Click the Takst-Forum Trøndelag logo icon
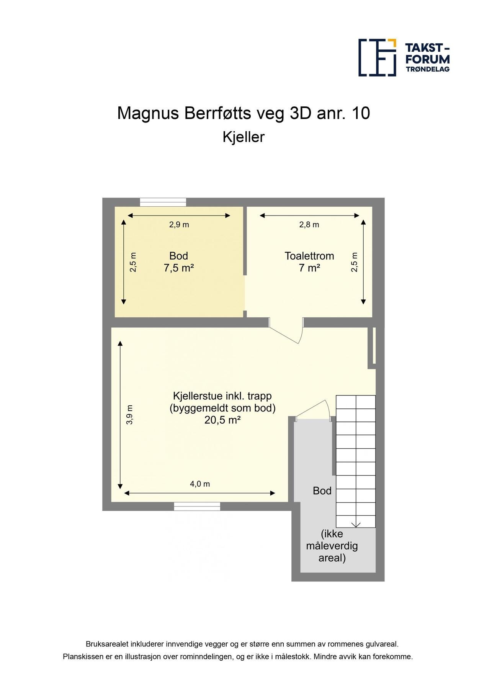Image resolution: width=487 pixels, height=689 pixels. click(x=377, y=57)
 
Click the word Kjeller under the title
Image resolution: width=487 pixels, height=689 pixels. click(x=243, y=137)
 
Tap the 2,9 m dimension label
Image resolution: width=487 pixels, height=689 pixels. click(x=179, y=225)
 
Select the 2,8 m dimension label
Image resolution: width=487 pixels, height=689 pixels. click(x=309, y=225)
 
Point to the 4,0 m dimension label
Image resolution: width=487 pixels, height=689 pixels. click(x=200, y=484)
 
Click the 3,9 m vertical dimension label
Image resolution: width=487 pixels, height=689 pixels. click(x=130, y=415)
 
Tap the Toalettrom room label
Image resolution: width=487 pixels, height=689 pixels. click(x=309, y=256)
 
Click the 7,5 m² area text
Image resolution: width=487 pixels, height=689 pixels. click(x=179, y=268)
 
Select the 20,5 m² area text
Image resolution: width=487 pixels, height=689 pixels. click(x=222, y=420)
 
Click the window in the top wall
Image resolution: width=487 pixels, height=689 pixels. click(x=163, y=202)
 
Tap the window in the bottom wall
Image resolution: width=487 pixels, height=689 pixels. click(x=197, y=506)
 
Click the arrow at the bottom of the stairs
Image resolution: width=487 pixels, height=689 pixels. click(x=356, y=524)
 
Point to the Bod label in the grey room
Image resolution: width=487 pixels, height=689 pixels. click(x=322, y=491)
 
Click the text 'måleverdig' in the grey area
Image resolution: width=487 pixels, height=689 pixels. click(x=332, y=546)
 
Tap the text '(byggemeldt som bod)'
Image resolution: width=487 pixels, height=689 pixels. click(x=222, y=408)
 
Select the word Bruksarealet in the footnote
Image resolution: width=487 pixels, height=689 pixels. click(x=107, y=644)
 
